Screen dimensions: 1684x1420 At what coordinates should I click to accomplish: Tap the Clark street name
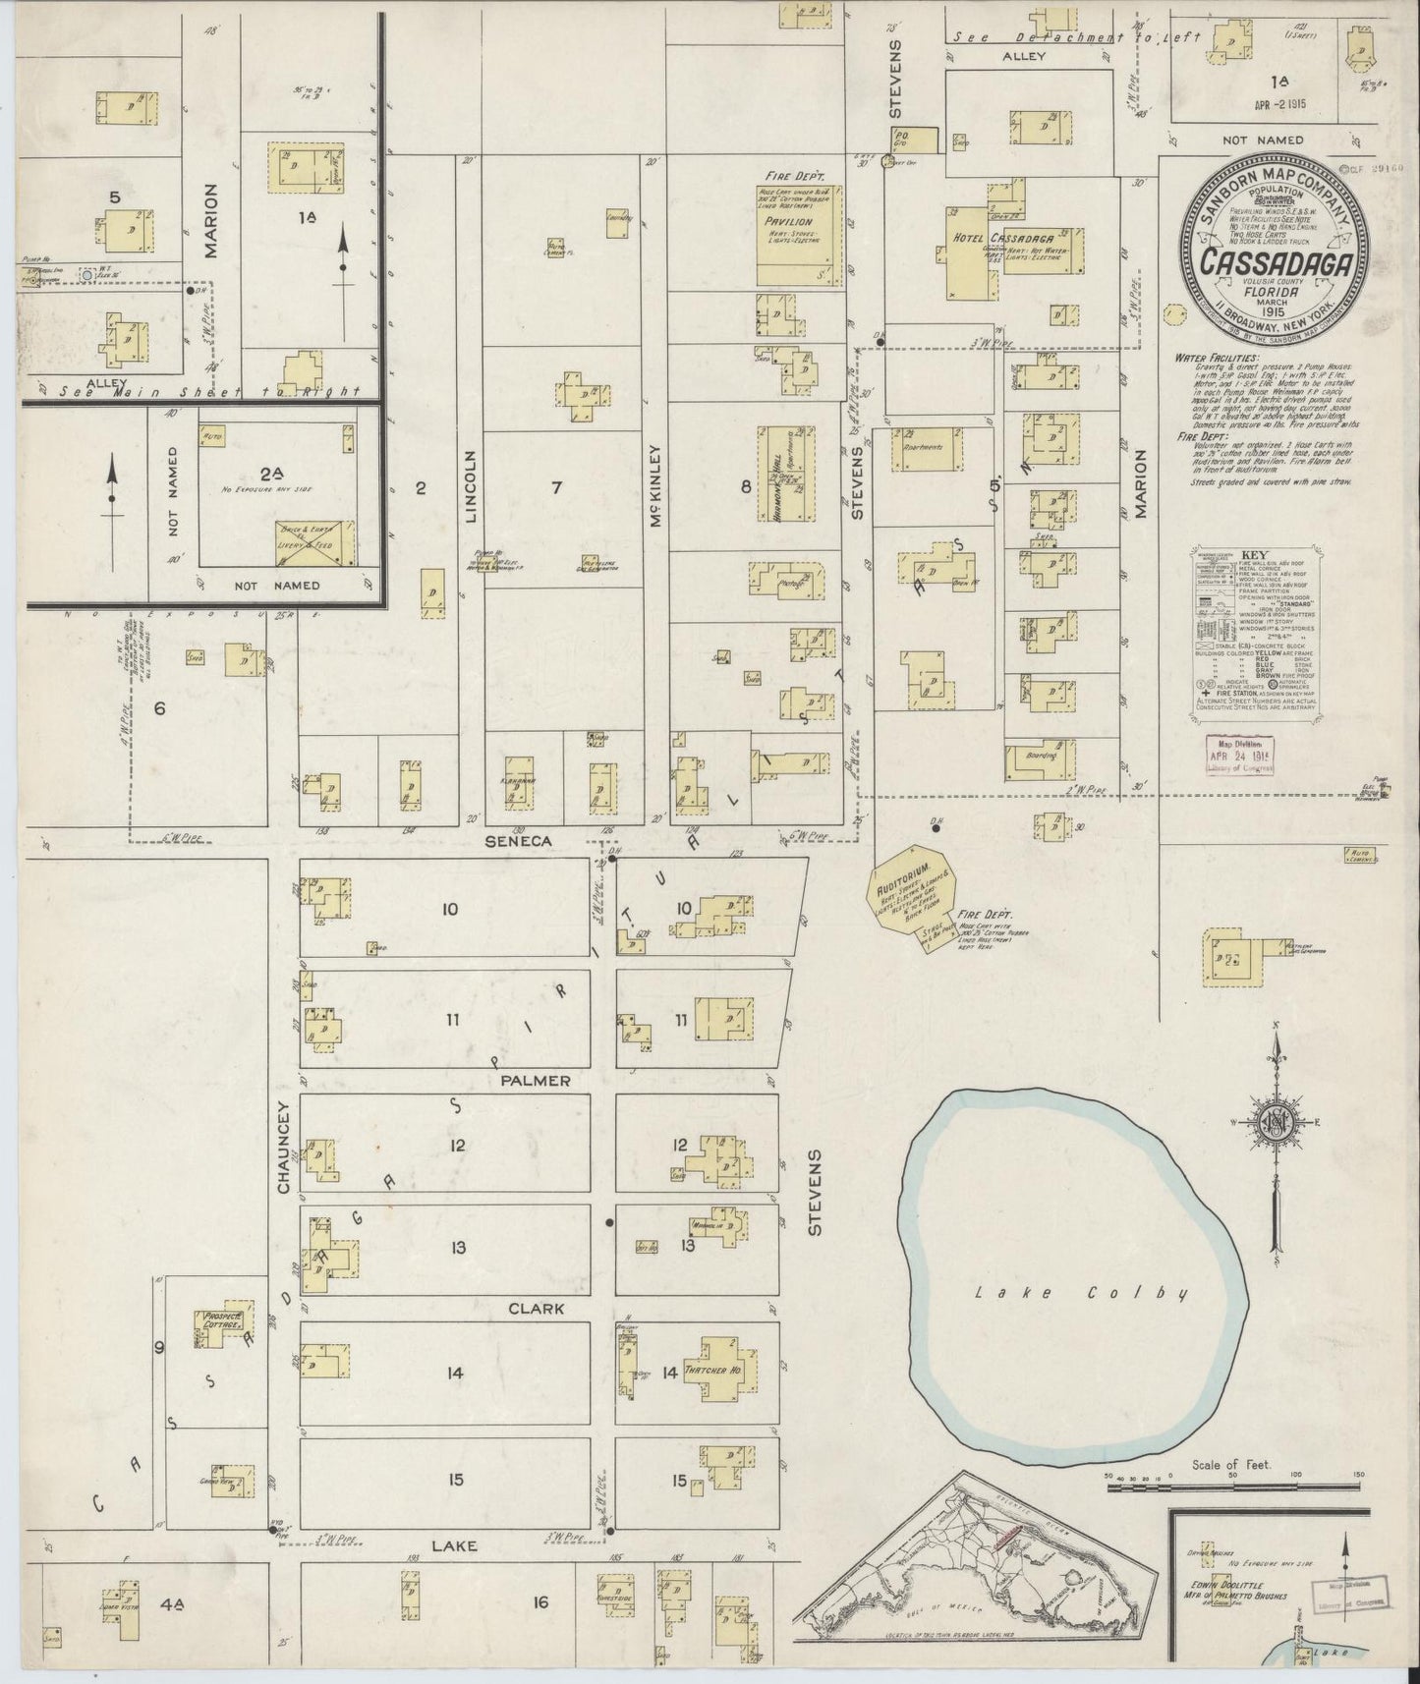tap(536, 1309)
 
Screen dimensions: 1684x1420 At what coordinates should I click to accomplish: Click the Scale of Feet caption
tap(1231, 1465)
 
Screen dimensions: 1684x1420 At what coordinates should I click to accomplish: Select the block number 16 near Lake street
tap(540, 1603)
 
